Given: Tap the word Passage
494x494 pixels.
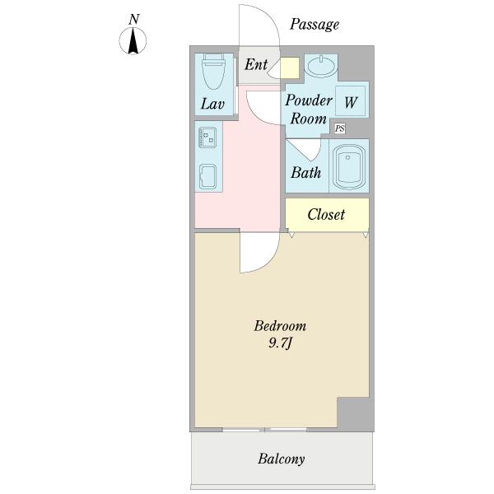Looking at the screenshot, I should (x=314, y=25).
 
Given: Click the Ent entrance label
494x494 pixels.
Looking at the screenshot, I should (x=255, y=64).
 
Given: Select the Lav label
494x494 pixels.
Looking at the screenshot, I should (x=213, y=105).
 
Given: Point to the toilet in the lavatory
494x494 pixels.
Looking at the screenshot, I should (x=214, y=72).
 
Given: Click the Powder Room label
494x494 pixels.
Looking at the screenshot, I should (x=309, y=110).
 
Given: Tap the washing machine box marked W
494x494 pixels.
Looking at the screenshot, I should (x=351, y=102).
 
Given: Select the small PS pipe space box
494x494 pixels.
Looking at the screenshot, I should (x=339, y=128).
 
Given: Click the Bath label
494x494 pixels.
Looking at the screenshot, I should (x=305, y=173).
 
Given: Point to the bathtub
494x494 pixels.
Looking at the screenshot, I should (x=347, y=165).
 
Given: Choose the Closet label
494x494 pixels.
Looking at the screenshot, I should (x=326, y=215).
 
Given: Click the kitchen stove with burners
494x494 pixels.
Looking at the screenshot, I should (x=207, y=137).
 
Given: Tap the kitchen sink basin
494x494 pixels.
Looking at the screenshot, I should (x=207, y=175).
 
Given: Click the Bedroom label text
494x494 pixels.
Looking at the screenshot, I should (x=280, y=326).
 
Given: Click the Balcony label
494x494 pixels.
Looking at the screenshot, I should (x=282, y=459).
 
